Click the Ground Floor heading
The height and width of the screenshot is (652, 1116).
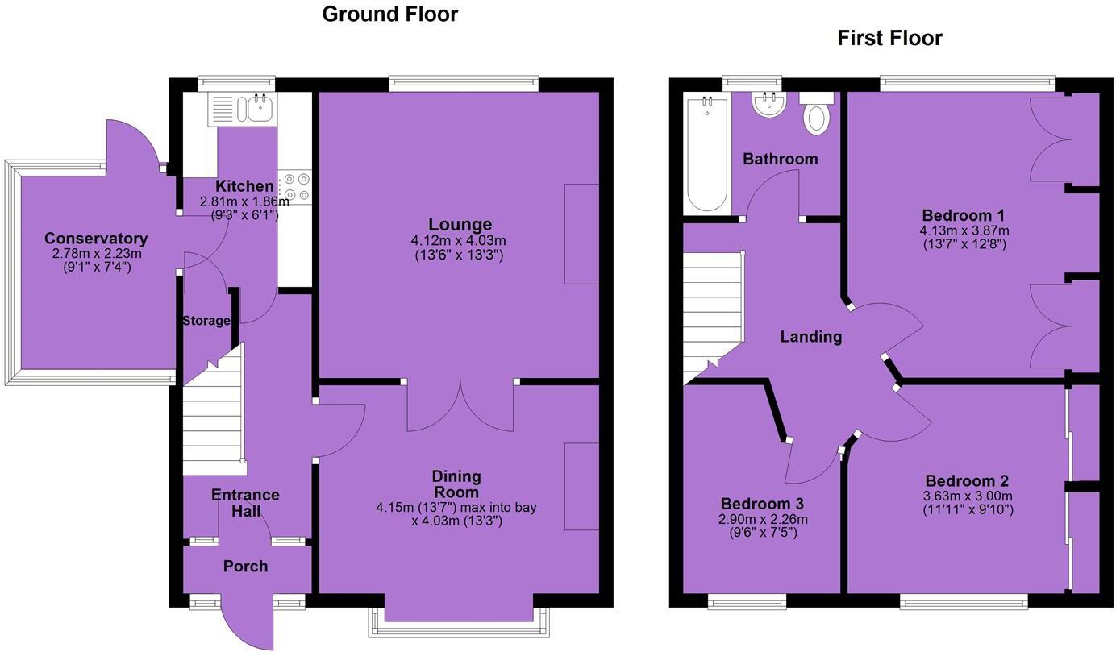(389, 14)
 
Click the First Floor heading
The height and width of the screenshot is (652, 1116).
(889, 38)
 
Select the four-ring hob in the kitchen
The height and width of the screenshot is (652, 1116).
(296, 187)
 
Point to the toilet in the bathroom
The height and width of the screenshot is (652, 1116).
(817, 114)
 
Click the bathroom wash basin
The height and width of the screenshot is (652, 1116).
(768, 104)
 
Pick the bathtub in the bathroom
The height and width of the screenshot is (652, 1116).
(706, 153)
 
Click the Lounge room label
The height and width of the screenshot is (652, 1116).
(460, 224)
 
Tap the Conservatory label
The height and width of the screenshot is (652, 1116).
(96, 239)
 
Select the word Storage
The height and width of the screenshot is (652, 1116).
(206, 321)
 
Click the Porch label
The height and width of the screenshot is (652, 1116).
(245, 567)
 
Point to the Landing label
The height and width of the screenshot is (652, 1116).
(810, 337)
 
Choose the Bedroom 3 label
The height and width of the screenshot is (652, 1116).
(762, 504)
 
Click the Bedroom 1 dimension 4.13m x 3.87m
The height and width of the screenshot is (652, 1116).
(964, 230)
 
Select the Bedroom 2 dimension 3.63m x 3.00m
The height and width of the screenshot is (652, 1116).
(967, 496)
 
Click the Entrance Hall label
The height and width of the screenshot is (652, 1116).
(245, 502)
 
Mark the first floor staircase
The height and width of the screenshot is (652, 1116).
(713, 314)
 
